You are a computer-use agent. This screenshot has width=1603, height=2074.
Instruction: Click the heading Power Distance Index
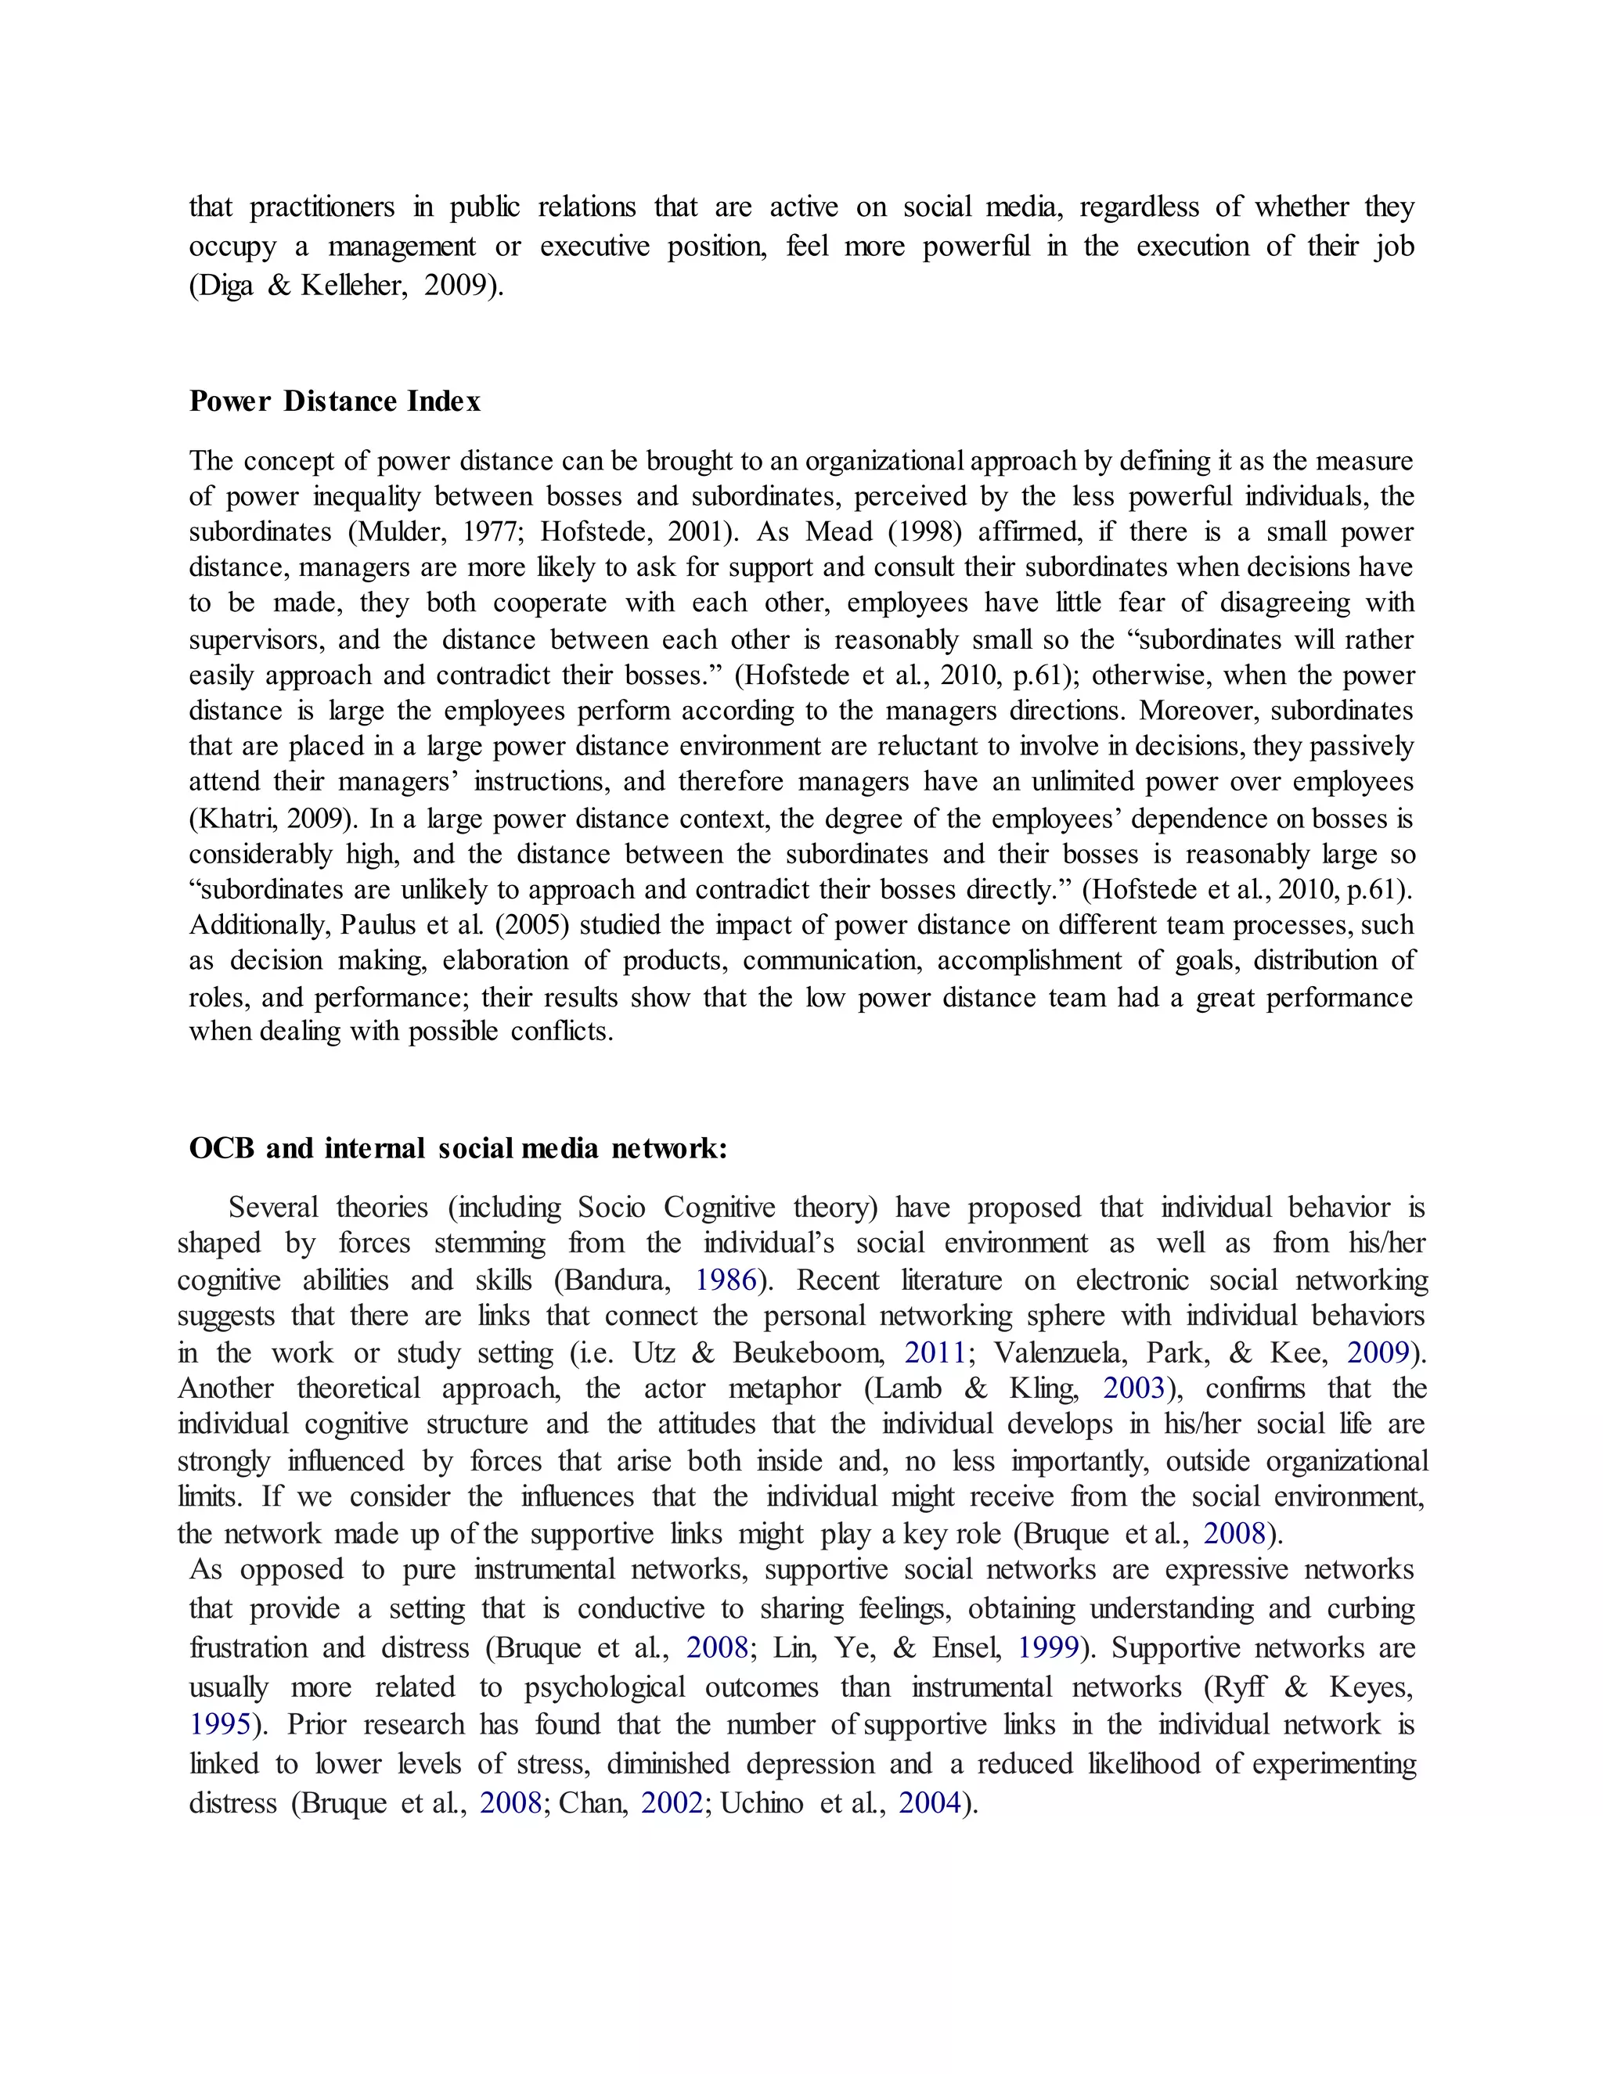coord(334,401)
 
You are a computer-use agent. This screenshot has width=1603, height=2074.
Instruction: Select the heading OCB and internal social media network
coord(458,1149)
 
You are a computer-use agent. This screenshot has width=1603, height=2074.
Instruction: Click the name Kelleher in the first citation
coord(355,286)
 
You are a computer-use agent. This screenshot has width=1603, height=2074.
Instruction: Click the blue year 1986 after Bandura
coord(726,1281)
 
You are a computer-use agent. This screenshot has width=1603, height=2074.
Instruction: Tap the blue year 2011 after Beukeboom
coord(935,1352)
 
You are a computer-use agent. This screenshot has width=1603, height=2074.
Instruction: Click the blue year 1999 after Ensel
coord(1048,1647)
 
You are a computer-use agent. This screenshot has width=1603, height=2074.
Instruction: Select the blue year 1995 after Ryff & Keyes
coord(220,1724)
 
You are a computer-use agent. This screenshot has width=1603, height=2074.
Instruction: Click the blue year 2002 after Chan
coord(672,1803)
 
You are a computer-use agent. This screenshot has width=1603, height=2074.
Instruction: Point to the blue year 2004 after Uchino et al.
coord(930,1803)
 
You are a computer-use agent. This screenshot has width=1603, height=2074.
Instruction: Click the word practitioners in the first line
coord(322,207)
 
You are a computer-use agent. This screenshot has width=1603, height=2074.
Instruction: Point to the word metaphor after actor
coord(784,1389)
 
